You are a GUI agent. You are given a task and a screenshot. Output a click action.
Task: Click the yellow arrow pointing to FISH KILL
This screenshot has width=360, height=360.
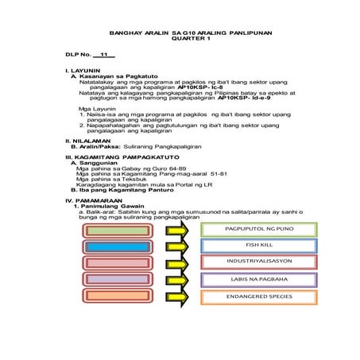coord(176,246)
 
